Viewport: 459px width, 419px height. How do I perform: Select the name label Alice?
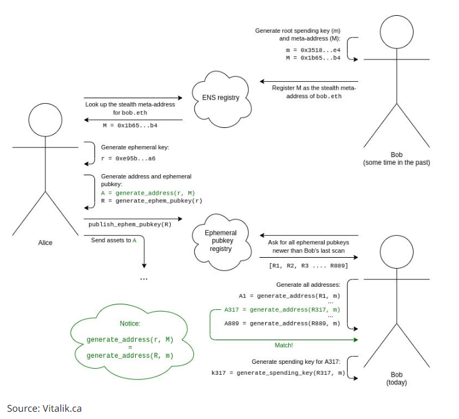click(x=45, y=243)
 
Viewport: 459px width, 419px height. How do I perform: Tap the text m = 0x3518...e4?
click(x=313, y=50)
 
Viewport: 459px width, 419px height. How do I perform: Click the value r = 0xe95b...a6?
click(x=128, y=159)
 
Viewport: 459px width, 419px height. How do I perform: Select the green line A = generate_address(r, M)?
click(x=148, y=193)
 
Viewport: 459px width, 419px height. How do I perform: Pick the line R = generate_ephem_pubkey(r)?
click(x=151, y=201)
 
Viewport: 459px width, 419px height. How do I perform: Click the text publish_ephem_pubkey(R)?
click(x=130, y=224)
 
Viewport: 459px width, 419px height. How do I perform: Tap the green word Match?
click(x=283, y=346)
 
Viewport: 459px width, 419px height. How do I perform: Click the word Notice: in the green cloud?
click(x=130, y=323)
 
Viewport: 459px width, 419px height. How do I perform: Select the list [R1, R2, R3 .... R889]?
click(x=309, y=266)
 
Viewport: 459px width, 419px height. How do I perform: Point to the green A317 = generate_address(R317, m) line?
click(x=282, y=310)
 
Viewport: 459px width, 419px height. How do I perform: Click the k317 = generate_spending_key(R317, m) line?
click(x=278, y=373)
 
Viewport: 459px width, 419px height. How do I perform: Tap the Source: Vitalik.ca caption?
click(x=44, y=409)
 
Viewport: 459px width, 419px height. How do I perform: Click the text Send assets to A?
click(x=114, y=241)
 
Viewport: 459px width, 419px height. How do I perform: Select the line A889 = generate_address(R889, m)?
click(x=282, y=323)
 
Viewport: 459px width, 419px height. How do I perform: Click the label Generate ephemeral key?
click(x=135, y=147)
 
